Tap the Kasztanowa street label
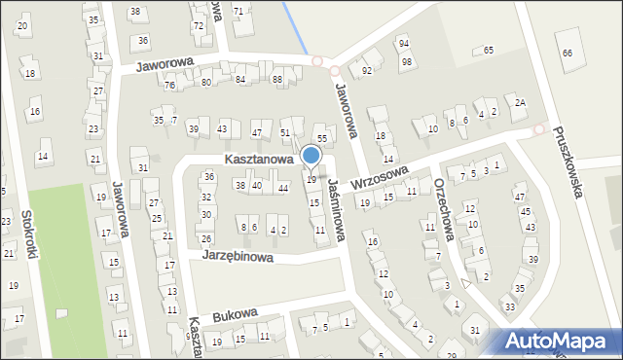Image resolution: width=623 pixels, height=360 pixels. pyautogui.click(x=259, y=159)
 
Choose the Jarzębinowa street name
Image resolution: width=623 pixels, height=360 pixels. pyautogui.click(x=237, y=255)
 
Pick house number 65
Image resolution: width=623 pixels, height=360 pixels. pyautogui.click(x=489, y=50)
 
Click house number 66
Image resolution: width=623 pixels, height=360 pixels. pyautogui.click(x=568, y=53)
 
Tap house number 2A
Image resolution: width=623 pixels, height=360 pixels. pyautogui.click(x=521, y=103)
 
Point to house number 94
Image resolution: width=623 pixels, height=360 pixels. pyautogui.click(x=404, y=44)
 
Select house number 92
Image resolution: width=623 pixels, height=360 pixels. pyautogui.click(x=367, y=71)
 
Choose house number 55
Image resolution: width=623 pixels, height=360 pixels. pyautogui.click(x=322, y=140)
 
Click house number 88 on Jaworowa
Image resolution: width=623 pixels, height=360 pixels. pyautogui.click(x=277, y=80)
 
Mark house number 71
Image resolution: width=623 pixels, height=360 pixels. pyautogui.click(x=238, y=11)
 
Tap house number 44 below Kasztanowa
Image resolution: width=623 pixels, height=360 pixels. pyautogui.click(x=283, y=188)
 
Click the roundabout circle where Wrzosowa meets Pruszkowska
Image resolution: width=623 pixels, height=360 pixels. pyautogui.click(x=538, y=129)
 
